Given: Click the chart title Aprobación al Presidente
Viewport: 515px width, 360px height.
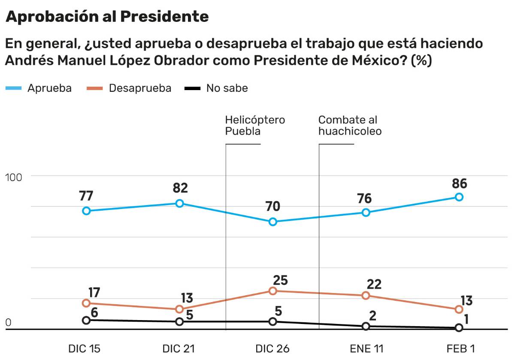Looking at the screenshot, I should coord(107,17).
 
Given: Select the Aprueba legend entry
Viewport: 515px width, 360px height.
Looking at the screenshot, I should coord(39,88).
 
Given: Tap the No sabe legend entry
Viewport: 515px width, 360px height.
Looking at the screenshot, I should coord(217,88).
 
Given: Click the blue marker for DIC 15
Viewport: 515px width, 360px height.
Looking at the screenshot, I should coord(86,211).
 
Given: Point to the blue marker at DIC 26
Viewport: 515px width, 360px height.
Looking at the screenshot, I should coord(273,222).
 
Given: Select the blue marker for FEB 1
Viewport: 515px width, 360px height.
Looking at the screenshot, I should coord(459,197).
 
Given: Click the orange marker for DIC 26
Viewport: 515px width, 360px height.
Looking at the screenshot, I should coord(273,291).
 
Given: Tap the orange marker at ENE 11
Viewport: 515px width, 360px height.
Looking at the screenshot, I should coord(366,296).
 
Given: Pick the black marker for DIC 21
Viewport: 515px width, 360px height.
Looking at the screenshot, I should coord(179,321).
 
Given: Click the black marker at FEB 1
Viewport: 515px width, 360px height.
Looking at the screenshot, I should coord(459,328).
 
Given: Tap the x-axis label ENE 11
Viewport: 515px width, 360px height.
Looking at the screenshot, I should coord(366,348).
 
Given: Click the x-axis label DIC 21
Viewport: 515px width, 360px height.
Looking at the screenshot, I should coord(179,348).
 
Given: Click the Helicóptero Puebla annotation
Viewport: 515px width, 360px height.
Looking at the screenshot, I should coord(254,125).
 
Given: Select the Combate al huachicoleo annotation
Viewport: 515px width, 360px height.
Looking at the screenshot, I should coord(350,125).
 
